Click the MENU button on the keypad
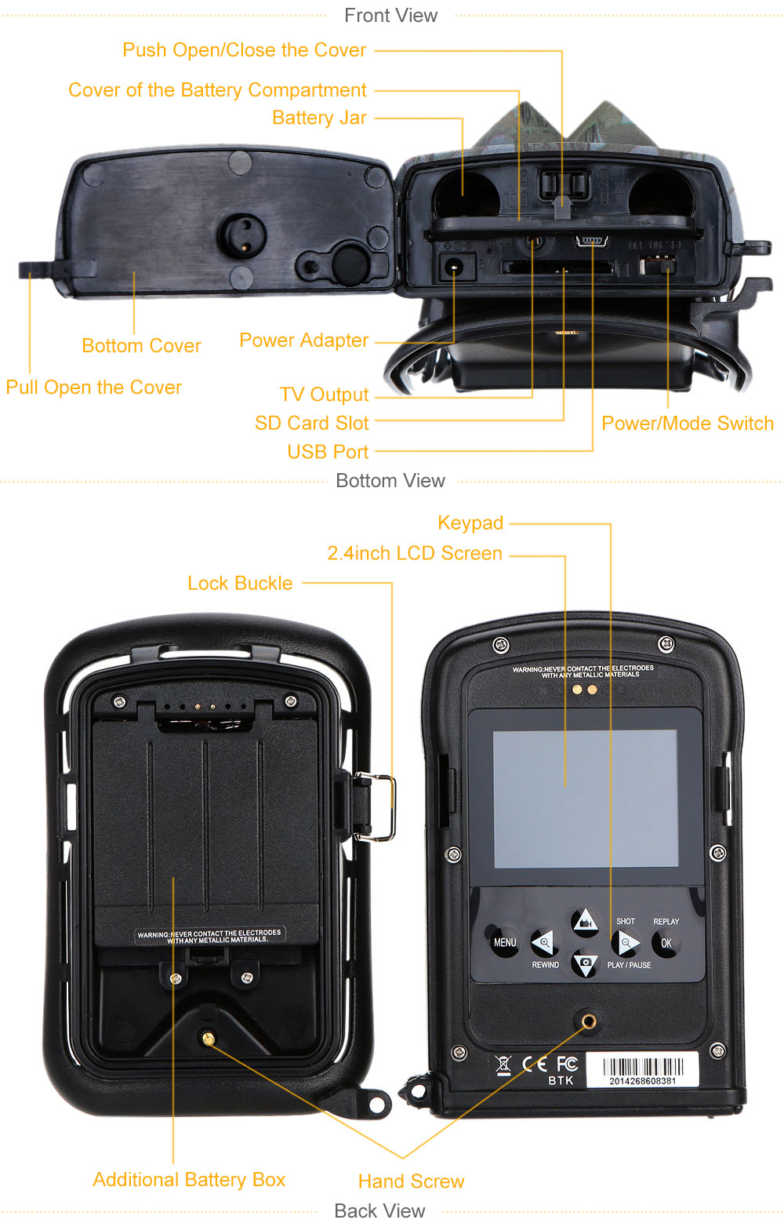pyautogui.click(x=504, y=942)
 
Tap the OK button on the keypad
pyautogui.click(x=666, y=943)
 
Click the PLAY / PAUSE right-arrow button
pyautogui.click(x=626, y=942)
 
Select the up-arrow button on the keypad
pyautogui.click(x=584, y=922)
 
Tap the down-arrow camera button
pyautogui.click(x=585, y=963)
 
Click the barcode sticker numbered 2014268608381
pyautogui.click(x=642, y=1070)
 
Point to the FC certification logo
pyautogui.click(x=567, y=1064)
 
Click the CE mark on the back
pyautogui.click(x=535, y=1064)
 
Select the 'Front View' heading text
pyautogui.click(x=390, y=16)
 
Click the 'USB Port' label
pyautogui.click(x=328, y=452)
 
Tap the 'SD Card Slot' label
pyautogui.click(x=311, y=424)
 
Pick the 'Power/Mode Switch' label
pyautogui.click(x=687, y=424)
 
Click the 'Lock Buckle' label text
pyautogui.click(x=240, y=583)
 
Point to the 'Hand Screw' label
pyautogui.click(x=411, y=1181)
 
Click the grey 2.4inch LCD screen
pyautogui.click(x=585, y=799)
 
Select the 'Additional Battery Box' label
pyautogui.click(x=189, y=1179)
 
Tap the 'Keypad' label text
pyautogui.click(x=470, y=522)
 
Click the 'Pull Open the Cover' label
pyautogui.click(x=93, y=388)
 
